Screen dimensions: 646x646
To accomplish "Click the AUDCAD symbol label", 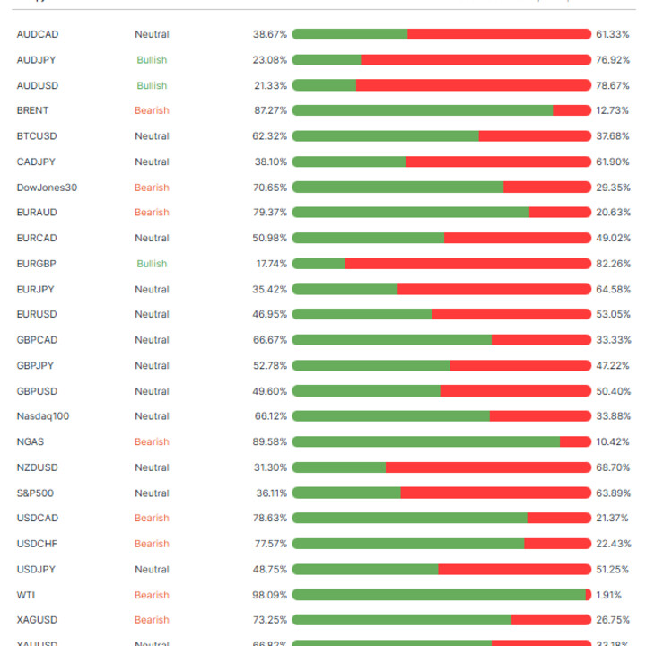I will pos(38,34).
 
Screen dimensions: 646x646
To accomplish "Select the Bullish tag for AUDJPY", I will pos(152,60).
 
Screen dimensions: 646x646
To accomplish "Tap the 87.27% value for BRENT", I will pos(270,110).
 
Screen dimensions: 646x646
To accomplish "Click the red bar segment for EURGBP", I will pos(467,264).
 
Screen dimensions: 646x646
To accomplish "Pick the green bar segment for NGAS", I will pos(425,441).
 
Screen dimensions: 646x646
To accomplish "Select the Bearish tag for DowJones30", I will pos(152,188).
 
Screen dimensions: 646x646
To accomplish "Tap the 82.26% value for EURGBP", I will pos(613,264).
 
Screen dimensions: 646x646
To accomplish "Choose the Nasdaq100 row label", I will pos(42,416).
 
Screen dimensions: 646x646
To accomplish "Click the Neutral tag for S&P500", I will pos(152,493).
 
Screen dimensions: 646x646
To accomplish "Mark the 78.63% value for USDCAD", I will pos(270,519).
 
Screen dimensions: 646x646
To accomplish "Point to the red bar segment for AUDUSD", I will pos(474,85).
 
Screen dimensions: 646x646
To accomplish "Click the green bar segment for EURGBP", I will pos(319,264).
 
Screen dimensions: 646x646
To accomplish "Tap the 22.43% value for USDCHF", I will pos(613,544).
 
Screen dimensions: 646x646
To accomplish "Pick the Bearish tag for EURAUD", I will pos(152,213).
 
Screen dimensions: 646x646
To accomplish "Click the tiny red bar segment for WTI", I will pos(589,595).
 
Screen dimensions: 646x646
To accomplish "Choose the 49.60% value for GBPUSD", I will pos(270,391).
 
